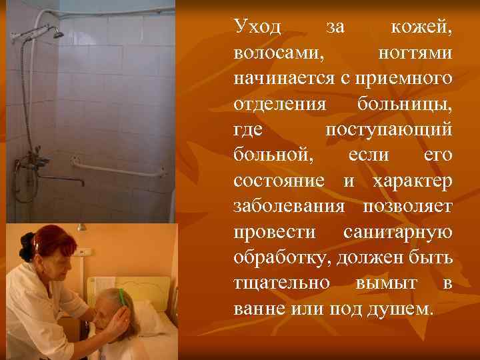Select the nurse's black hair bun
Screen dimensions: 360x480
pyautogui.click(x=26, y=245)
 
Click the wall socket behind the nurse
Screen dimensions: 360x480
pyautogui.click(x=83, y=252)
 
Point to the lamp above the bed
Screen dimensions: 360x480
pyautogui.click(x=81, y=227)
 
